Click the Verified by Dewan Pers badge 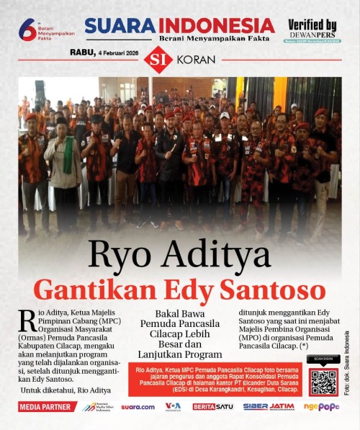312,30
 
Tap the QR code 323,381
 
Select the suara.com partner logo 138,407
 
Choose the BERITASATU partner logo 213,407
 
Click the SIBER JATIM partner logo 268,407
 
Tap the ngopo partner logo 321,407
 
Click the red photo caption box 215,378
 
